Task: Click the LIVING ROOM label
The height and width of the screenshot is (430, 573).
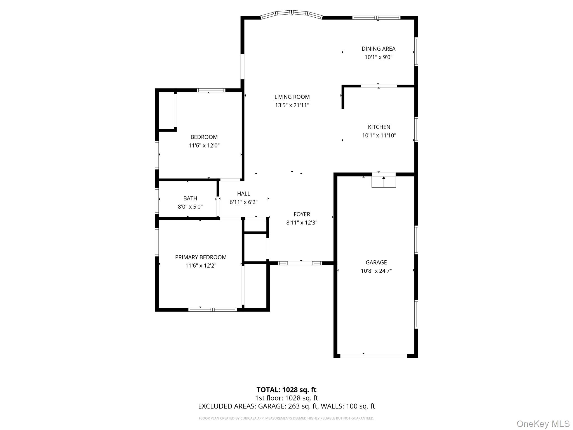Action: [x=292, y=97]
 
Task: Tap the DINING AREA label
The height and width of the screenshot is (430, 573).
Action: [x=378, y=49]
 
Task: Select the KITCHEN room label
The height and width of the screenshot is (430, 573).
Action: [x=379, y=127]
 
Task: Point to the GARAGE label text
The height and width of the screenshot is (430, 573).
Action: [x=376, y=262]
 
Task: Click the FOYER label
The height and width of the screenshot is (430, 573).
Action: [x=302, y=214]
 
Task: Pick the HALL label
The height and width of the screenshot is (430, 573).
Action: [x=243, y=193]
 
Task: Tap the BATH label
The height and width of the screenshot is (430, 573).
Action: [x=190, y=198]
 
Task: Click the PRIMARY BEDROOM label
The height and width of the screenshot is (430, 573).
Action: [x=201, y=257]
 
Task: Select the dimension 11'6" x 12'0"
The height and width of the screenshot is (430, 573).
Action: [x=204, y=146]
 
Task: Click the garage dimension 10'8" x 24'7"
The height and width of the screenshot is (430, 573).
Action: [x=376, y=271]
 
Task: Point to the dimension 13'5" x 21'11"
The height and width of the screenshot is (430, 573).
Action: [x=292, y=105]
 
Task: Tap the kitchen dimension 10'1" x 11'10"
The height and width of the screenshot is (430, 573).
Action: [x=379, y=135]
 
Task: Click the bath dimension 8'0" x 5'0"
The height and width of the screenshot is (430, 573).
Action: [x=190, y=207]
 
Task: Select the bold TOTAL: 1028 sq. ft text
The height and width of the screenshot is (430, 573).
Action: [x=286, y=390]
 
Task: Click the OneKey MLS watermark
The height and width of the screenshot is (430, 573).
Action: [x=543, y=424]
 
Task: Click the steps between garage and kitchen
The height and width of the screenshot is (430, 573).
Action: [x=384, y=181]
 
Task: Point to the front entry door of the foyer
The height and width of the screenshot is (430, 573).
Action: [x=300, y=263]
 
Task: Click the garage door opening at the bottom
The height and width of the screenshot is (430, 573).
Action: [x=374, y=356]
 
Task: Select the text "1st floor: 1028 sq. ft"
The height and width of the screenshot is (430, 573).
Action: [x=286, y=398]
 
